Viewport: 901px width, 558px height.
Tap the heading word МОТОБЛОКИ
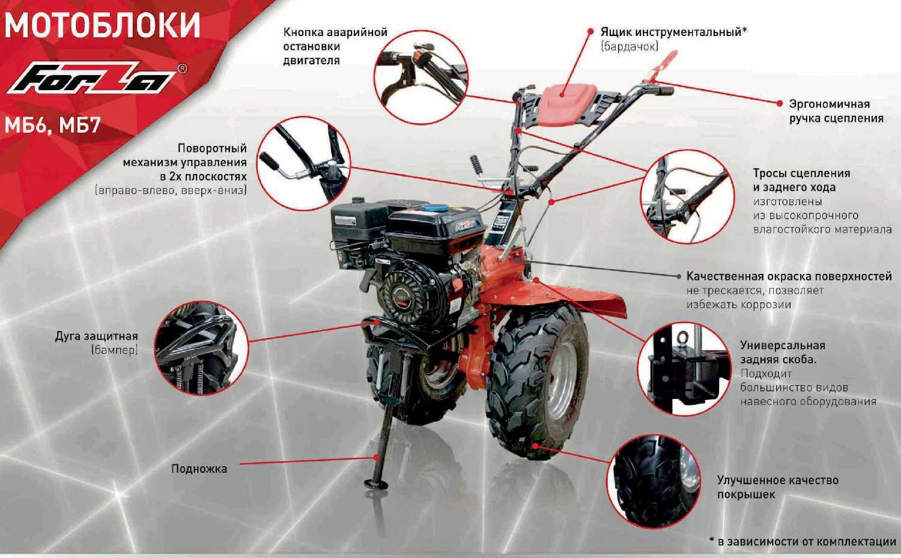102,25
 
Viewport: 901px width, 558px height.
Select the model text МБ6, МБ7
52,126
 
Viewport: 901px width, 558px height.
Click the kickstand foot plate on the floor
376,484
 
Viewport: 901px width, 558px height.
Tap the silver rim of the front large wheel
562,381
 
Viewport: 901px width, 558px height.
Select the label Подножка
199,469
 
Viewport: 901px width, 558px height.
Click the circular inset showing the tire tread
654,481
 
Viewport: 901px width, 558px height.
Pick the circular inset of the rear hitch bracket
684,369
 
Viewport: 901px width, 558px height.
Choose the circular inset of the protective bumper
201,348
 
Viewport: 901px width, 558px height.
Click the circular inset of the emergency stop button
420,77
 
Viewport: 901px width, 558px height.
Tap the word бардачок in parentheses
629,47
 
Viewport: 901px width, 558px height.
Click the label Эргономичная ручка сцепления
836,111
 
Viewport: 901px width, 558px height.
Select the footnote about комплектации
802,542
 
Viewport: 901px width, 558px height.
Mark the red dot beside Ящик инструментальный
590,31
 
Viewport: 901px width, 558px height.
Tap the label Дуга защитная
97,336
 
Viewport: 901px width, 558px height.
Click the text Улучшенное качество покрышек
777,487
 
